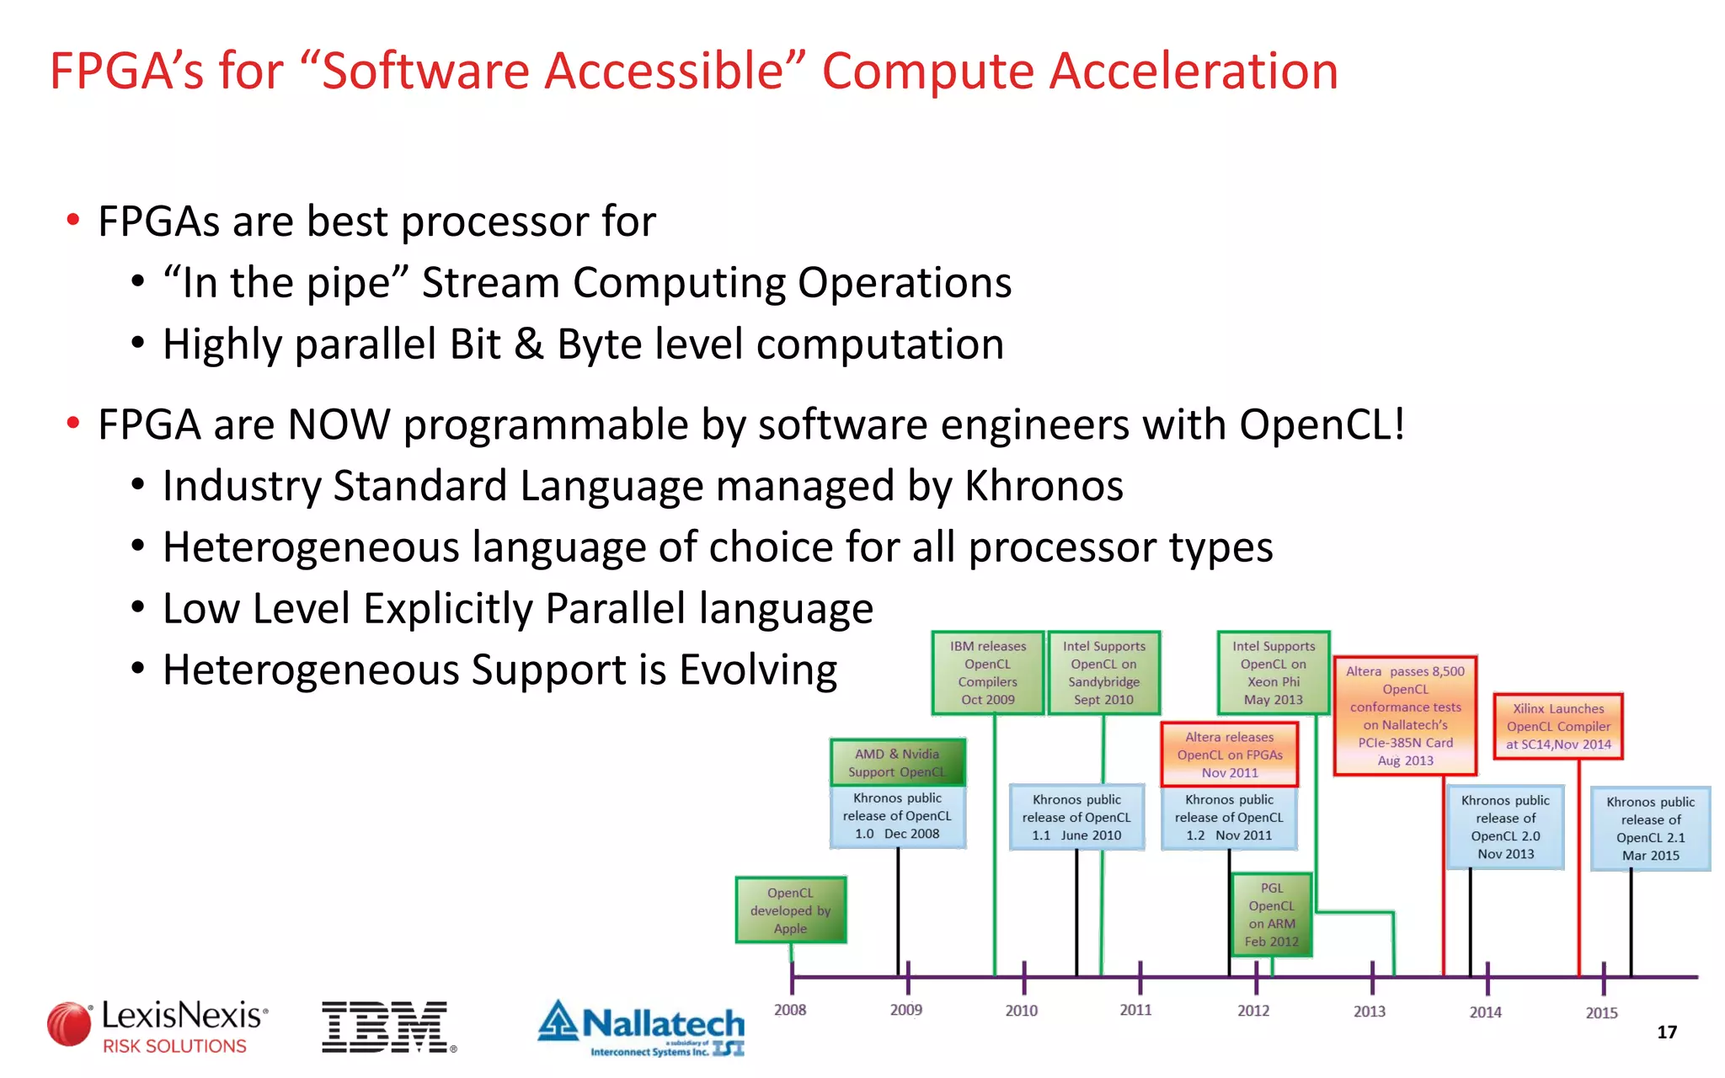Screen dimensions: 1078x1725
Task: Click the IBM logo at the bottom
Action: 386,1027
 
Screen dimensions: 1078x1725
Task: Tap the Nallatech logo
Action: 642,1027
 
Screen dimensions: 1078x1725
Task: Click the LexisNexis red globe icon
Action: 69,1025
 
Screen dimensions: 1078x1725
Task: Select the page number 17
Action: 1666,1033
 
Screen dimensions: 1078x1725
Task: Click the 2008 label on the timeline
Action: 790,1010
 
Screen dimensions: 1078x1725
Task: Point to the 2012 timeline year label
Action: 1253,1011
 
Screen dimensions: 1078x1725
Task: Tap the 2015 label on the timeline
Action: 1601,1013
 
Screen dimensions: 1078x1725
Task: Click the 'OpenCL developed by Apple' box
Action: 790,910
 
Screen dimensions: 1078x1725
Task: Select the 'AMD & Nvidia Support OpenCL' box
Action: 897,762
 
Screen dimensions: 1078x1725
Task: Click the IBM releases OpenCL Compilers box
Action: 988,673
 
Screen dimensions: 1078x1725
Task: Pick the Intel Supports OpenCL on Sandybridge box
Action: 1103,673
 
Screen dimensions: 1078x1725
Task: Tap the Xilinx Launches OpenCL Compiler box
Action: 1558,726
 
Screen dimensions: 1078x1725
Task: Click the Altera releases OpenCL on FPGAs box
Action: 1229,755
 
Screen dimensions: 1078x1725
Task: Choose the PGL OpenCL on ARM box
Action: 1272,915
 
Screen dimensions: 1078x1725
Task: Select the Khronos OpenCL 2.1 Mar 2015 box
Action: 1650,829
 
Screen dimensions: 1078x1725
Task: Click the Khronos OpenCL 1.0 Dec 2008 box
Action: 897,816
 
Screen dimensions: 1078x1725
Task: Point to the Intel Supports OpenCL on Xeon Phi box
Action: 1274,673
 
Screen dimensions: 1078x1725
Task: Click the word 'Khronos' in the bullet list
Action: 1044,486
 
